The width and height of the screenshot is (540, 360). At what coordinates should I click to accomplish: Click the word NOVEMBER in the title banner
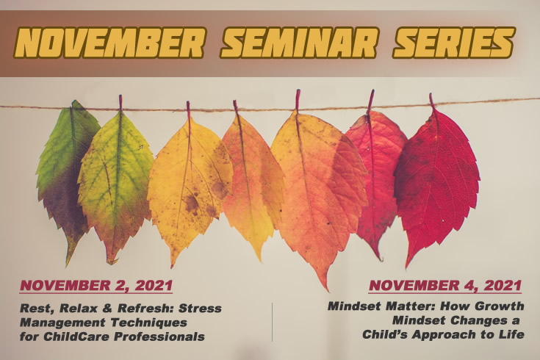(x=109, y=43)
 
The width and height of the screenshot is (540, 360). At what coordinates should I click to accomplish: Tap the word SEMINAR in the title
(x=299, y=43)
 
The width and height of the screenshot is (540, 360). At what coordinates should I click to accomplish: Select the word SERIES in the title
(x=454, y=43)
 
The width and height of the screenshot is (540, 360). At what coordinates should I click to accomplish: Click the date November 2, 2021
(x=96, y=286)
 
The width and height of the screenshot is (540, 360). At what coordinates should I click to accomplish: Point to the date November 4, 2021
(x=445, y=286)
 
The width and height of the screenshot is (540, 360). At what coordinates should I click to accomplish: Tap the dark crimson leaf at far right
(x=437, y=179)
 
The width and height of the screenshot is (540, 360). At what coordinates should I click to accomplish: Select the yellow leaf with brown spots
(x=190, y=186)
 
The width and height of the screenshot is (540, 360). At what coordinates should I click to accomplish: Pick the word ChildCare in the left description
(x=77, y=336)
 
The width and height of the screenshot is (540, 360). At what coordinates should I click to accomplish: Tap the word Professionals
(x=159, y=336)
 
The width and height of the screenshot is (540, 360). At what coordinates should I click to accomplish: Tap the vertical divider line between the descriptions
(x=272, y=322)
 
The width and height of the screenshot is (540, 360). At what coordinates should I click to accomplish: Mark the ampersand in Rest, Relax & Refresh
(x=108, y=308)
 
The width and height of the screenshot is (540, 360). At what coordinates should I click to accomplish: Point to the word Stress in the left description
(x=200, y=308)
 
